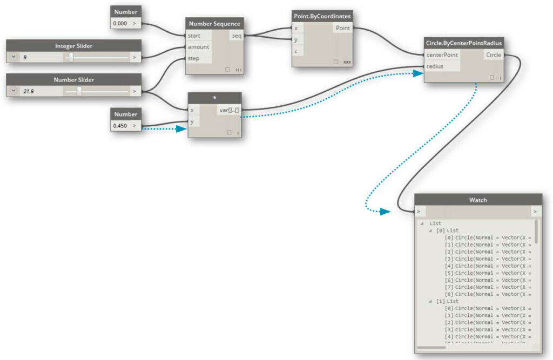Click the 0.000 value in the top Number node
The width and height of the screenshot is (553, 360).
pyautogui.click(x=120, y=24)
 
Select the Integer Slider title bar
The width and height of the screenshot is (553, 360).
pyautogui.click(x=73, y=46)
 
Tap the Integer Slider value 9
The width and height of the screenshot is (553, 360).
pyautogui.click(x=25, y=57)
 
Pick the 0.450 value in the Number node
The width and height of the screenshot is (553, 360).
pyautogui.click(x=120, y=126)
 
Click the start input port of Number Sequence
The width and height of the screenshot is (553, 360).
pyautogui.click(x=194, y=36)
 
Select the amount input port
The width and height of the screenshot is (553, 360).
pyautogui.click(x=198, y=47)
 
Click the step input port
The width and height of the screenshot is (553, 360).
pyautogui.click(x=193, y=58)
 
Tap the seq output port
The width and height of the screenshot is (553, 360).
pyautogui.click(x=237, y=36)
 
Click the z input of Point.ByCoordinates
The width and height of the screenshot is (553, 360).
pyautogui.click(x=296, y=51)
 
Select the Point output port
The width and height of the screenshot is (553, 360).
pyautogui.click(x=342, y=28)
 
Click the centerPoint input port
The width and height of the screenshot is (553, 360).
pyautogui.click(x=442, y=55)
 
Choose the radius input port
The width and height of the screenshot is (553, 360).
pyautogui.click(x=435, y=66)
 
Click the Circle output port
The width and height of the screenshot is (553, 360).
pyautogui.click(x=493, y=55)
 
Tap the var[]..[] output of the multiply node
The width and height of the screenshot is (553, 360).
pyautogui.click(x=229, y=110)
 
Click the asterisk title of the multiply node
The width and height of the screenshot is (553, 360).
pyautogui.click(x=215, y=98)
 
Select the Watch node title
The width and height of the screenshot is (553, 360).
pyautogui.click(x=478, y=200)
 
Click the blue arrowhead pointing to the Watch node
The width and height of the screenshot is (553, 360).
pyautogui.click(x=385, y=212)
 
